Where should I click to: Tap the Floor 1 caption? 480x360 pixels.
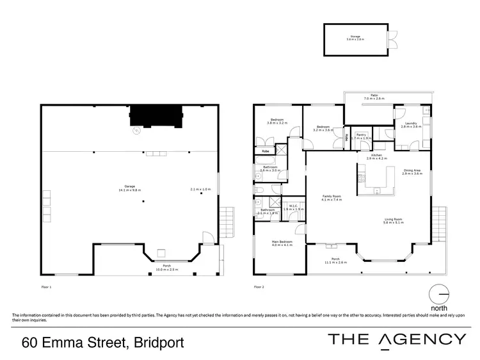tap(45, 286)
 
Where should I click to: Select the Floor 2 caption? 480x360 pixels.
tap(259, 286)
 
